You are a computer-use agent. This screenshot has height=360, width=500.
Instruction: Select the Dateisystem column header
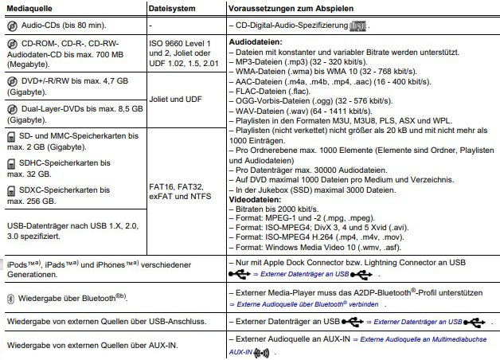[x=171, y=8]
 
